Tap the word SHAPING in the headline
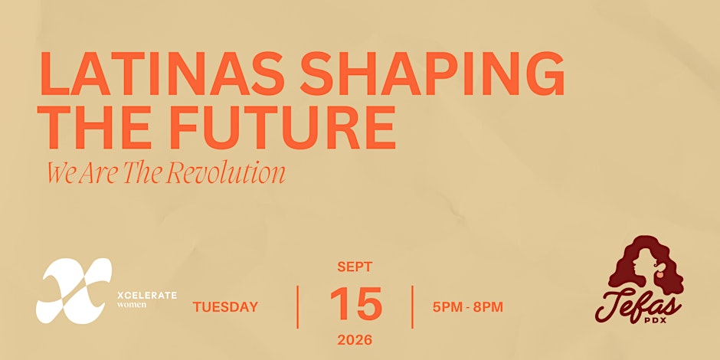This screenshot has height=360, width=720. pos(433,74)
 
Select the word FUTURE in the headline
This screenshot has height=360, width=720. pos(286,128)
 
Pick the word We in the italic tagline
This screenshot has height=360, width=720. pos(61,175)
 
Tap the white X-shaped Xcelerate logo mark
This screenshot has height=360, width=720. pos(74,290)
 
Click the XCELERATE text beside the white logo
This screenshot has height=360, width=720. pos(147,295)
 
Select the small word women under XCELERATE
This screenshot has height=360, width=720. pos(132,304)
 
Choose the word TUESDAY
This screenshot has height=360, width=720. pos(225,307)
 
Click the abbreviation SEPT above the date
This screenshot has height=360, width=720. pos(355,267)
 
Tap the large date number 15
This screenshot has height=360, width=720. pos(356,304)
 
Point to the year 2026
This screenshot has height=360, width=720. pos(355,340)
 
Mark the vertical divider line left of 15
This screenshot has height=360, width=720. pos(297,306)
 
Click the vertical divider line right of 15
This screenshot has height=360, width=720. pos(412,306)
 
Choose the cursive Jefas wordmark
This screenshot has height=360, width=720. pos(638,304)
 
